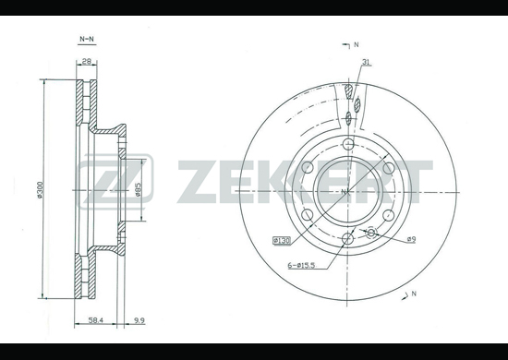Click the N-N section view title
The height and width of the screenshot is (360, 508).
pyautogui.click(x=87, y=39)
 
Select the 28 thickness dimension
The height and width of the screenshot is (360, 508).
pyautogui.click(x=87, y=61)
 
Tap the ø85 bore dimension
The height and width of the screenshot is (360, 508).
pyautogui.click(x=138, y=190)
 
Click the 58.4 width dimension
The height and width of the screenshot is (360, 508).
pyautogui.click(x=95, y=320)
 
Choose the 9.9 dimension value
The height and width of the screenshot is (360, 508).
pyautogui.click(x=139, y=320)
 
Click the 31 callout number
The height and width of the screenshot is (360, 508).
pyautogui.click(x=366, y=62)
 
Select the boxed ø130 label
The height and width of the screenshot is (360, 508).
pyautogui.click(x=282, y=241)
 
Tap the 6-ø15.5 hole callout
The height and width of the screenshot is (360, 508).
pyautogui.click(x=301, y=266)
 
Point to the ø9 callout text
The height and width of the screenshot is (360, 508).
pyautogui.click(x=411, y=239)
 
